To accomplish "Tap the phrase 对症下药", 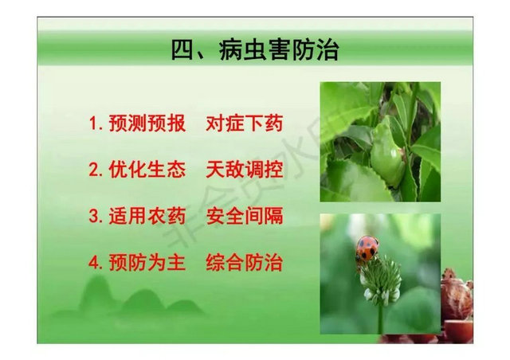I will (244, 124).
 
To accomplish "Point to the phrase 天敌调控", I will (244, 170).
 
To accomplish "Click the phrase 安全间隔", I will (244, 216).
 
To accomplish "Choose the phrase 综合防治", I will (244, 262).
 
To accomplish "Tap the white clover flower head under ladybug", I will (380, 280).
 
